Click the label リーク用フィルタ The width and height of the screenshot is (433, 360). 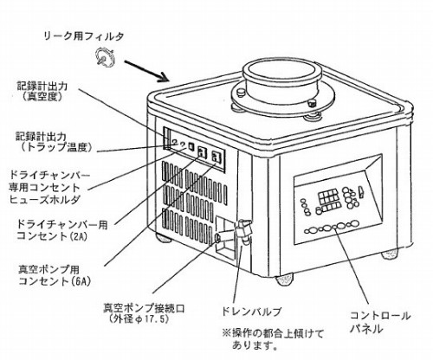(84, 36)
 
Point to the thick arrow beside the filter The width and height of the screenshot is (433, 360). (146, 71)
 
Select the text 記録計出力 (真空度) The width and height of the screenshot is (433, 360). (42, 91)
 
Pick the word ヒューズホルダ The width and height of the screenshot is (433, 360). (45, 200)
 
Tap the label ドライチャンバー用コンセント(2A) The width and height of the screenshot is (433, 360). (62, 230)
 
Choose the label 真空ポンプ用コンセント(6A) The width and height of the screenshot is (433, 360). (55, 275)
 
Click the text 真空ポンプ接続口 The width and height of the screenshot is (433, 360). (144, 308)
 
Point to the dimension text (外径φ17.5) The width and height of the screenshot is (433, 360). (137, 319)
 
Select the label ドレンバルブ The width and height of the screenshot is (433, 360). (251, 312)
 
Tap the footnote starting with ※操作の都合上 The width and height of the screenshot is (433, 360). (273, 339)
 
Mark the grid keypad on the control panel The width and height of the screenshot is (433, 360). (328, 201)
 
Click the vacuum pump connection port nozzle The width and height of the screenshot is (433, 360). (218, 237)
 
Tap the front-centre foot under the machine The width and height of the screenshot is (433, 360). (285, 280)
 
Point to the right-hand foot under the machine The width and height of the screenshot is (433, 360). (391, 254)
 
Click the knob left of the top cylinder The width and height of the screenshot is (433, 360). (241, 92)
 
